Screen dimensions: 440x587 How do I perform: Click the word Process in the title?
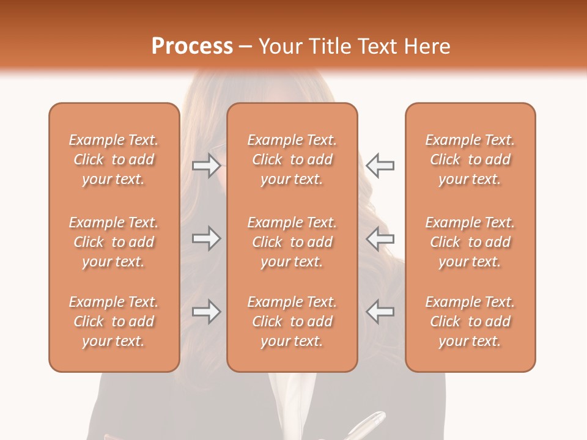point(192,46)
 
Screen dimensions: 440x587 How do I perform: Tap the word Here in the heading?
point(427,46)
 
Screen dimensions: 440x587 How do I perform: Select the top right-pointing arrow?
point(206,165)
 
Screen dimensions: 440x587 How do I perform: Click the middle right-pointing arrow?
point(206,238)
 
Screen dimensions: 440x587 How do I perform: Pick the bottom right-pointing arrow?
point(206,312)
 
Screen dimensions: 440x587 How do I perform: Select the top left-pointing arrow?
point(380,165)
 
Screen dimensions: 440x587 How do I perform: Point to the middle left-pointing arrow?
point(380,238)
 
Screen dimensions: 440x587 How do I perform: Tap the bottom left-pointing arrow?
point(380,312)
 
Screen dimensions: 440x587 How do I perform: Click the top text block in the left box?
point(114,159)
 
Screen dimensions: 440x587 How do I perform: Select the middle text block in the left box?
point(114,242)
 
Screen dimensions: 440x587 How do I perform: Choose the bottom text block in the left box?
point(114,321)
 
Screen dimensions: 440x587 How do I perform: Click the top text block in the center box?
point(292,159)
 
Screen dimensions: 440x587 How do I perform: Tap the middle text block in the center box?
point(292,242)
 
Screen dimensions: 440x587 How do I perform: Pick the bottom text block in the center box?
point(292,321)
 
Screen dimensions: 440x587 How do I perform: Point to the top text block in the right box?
point(470,159)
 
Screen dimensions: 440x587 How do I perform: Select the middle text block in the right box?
point(470,242)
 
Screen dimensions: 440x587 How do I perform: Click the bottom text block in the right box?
point(470,321)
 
